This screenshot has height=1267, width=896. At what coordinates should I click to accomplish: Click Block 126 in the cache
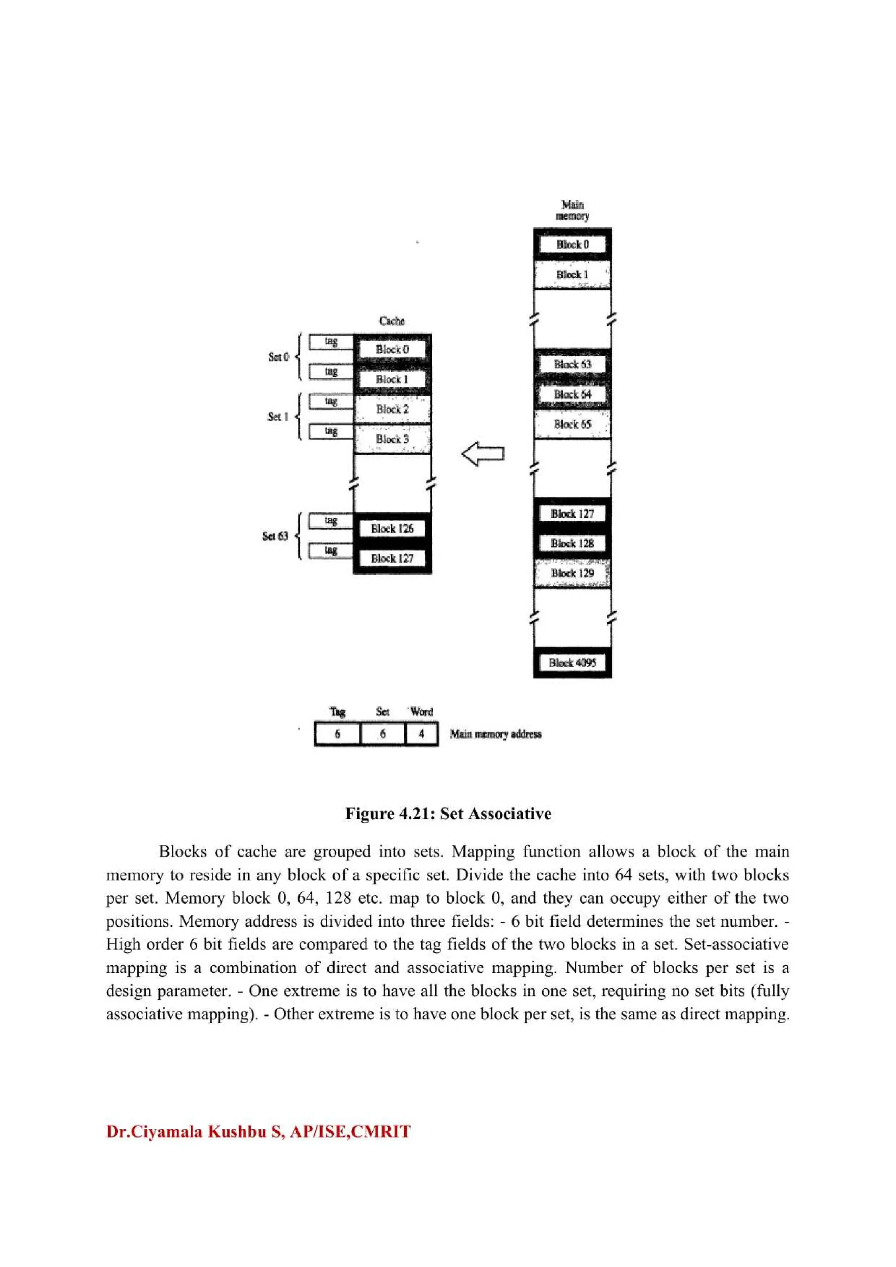[x=392, y=529]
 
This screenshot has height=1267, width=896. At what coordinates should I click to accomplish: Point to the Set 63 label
[x=275, y=536]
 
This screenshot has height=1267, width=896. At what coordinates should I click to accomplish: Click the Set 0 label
[x=278, y=357]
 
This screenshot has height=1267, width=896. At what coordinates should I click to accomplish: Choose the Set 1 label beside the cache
[x=278, y=417]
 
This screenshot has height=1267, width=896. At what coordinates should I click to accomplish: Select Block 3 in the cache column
[x=392, y=439]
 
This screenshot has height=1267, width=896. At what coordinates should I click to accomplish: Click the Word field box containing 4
[x=421, y=734]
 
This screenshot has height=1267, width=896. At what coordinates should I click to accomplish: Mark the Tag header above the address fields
[x=337, y=712]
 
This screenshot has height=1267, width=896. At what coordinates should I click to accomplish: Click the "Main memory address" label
[x=495, y=734]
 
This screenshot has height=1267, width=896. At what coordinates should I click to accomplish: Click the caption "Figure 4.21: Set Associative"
[x=448, y=813]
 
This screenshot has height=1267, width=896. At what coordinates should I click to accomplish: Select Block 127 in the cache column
[x=392, y=558]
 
